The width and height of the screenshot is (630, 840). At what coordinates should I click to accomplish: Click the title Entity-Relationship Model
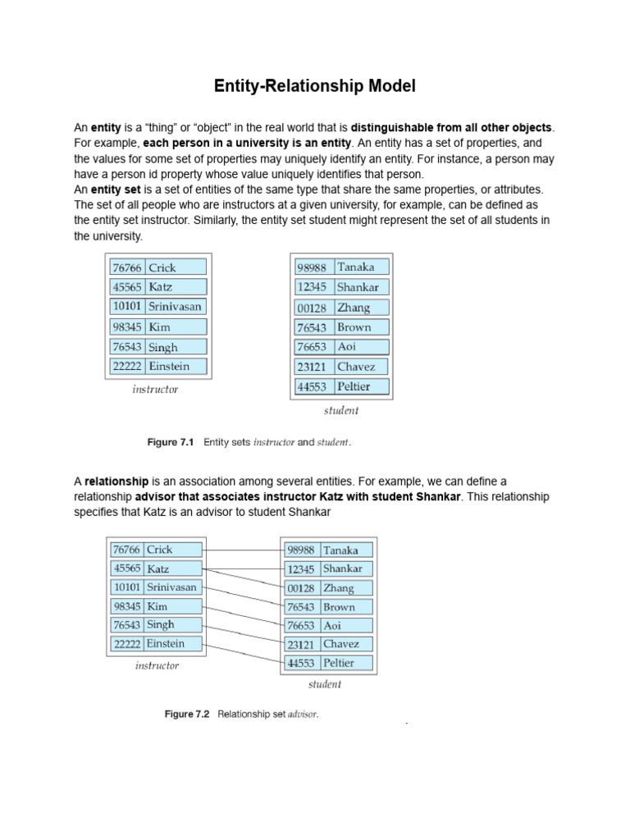[x=315, y=85]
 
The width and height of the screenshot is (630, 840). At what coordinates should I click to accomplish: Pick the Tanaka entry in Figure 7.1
[x=355, y=267]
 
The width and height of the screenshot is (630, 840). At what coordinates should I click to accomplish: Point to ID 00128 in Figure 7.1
[x=312, y=308]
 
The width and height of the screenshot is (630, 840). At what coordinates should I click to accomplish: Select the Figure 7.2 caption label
[x=187, y=714]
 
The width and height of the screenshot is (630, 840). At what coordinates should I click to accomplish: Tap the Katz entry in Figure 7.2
[x=158, y=568]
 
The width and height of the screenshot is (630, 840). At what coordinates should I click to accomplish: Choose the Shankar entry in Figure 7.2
[x=342, y=568]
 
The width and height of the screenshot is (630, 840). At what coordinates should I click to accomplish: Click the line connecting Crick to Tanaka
[x=242, y=550]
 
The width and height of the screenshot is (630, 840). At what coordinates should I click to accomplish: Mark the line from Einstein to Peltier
[x=242, y=653]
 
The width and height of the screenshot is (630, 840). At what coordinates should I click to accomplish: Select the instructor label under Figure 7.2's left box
[x=157, y=666]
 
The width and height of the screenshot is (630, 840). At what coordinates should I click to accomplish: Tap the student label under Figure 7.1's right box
[x=341, y=410]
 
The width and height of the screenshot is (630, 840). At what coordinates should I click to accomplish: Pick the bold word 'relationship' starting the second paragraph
[x=116, y=481]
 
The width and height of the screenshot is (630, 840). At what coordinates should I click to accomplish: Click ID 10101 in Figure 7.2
[x=127, y=587]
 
